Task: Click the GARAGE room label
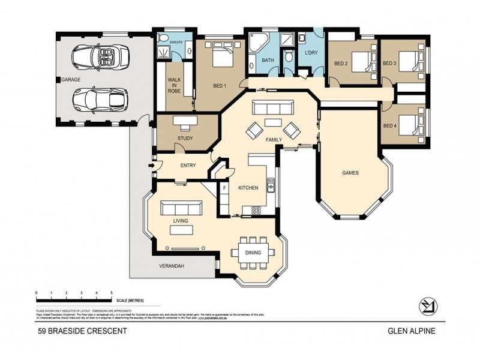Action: [x=70, y=79]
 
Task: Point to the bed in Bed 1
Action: [x=218, y=58]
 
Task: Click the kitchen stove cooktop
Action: [x=256, y=210]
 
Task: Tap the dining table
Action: [x=253, y=252]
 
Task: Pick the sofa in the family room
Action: [x=273, y=108]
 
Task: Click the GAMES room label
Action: [x=350, y=172]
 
